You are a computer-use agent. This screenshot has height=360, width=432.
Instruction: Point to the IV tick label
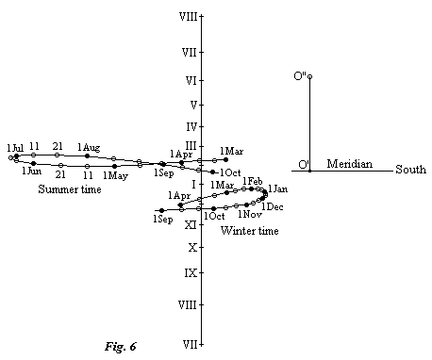tap(191, 126)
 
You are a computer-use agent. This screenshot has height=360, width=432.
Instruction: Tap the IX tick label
tap(191, 273)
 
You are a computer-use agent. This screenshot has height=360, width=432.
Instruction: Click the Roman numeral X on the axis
tap(191, 248)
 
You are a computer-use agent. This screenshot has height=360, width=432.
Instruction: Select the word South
tap(410, 171)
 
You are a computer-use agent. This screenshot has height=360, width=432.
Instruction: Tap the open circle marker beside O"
tap(309, 76)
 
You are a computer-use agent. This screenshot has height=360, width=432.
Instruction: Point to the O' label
tap(304, 166)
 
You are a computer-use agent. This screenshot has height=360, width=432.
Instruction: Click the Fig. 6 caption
tap(120, 346)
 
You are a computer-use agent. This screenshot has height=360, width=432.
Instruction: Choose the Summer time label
tap(70, 189)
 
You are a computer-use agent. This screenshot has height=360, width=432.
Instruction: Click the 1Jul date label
tap(15, 147)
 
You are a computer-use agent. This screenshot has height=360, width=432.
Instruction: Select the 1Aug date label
tap(89, 147)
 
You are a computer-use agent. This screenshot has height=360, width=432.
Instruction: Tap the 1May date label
tap(115, 175)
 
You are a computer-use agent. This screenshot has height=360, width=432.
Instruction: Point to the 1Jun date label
tap(32, 171)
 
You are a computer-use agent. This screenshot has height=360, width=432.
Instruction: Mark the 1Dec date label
tap(273, 206)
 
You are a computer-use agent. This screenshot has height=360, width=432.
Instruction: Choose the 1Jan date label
tap(278, 189)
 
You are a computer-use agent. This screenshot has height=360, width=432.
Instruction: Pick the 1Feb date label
tap(253, 181)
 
